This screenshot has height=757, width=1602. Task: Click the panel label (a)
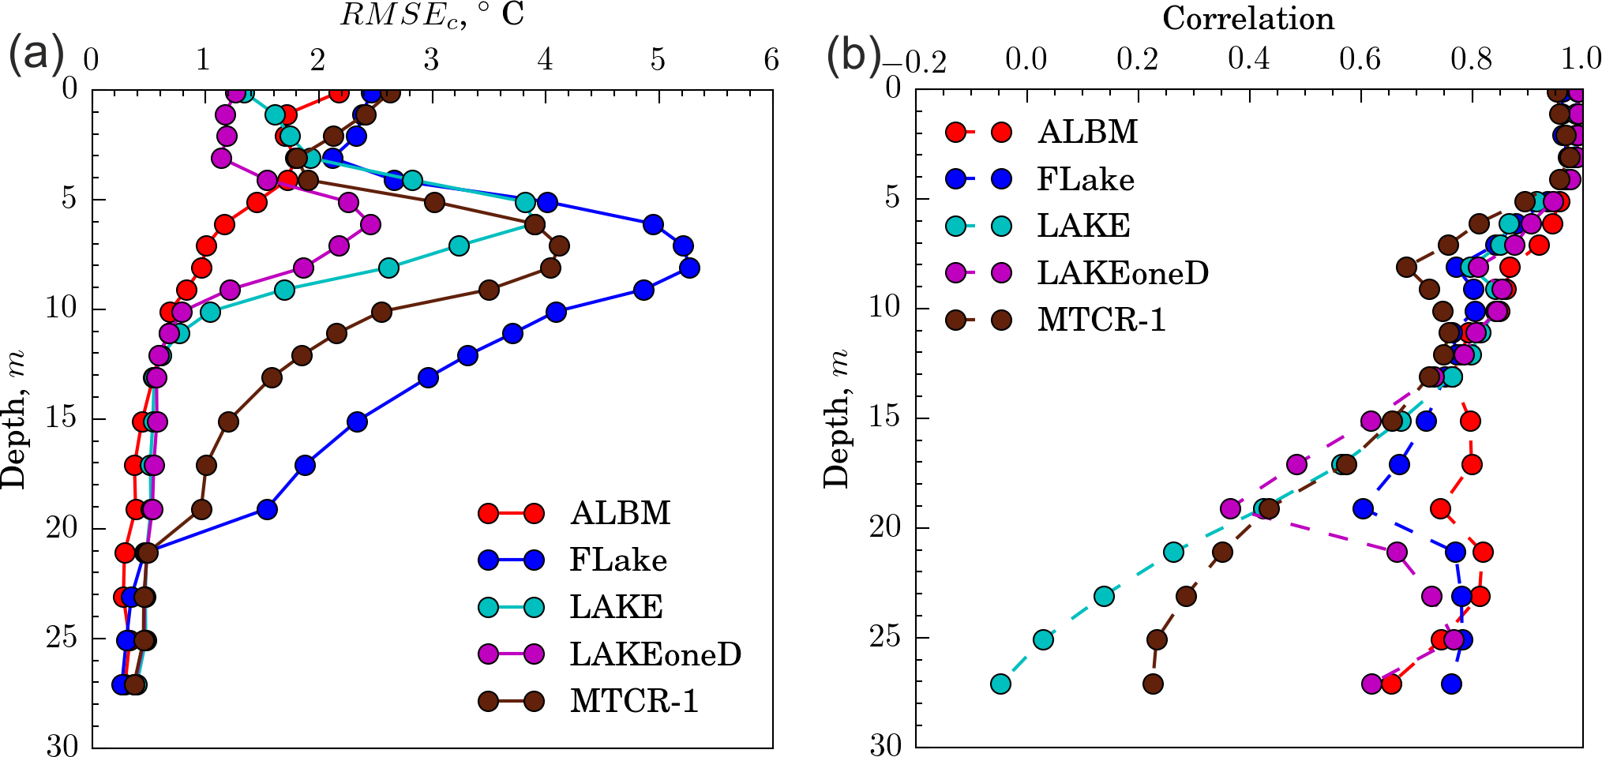tap(36, 55)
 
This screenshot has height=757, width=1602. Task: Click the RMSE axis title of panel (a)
tap(432, 16)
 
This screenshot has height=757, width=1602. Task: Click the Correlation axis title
tap(1248, 18)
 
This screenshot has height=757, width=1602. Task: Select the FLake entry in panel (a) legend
tap(618, 560)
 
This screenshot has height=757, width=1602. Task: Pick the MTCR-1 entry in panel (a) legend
tap(634, 701)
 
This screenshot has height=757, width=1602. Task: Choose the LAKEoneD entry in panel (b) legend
tap(1122, 273)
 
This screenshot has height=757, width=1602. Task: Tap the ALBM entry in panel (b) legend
tap(1087, 132)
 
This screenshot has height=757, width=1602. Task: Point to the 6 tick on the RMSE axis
tap(771, 60)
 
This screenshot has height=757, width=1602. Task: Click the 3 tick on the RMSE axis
tap(431, 60)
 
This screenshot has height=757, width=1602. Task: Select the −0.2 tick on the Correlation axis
tap(914, 62)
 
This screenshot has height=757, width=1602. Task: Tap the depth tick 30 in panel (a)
tap(62, 745)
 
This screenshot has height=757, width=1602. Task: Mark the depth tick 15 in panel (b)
tap(886, 418)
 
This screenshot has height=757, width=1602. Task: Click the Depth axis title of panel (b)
tap(837, 418)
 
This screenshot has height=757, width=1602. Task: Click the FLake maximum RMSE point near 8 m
tap(689, 268)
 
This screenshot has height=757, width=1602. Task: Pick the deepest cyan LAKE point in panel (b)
tap(1000, 684)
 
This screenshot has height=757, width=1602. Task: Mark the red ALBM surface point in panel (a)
tap(339, 94)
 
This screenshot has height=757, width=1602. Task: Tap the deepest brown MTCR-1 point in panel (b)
tap(1154, 684)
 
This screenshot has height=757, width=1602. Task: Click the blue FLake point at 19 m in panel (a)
tap(268, 509)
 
